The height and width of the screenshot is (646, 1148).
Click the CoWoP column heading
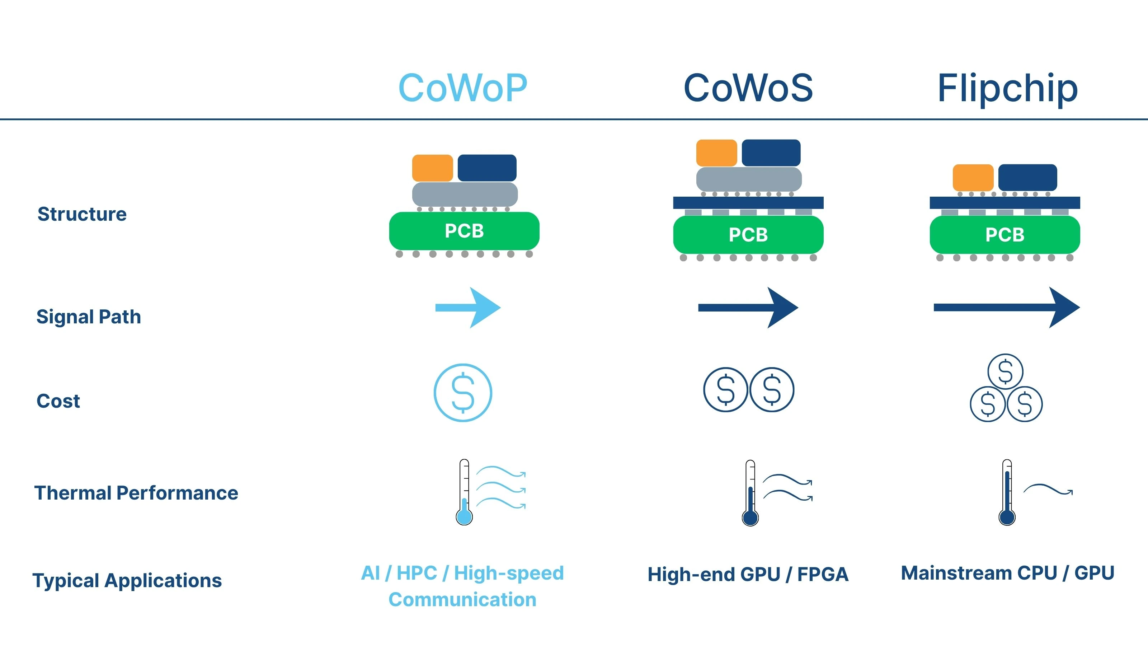click(x=462, y=88)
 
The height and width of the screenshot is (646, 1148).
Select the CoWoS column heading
click(x=748, y=88)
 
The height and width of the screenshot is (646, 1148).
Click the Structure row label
click(x=82, y=214)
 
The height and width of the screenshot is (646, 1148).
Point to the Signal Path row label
click(x=89, y=317)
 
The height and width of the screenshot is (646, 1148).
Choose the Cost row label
click(x=58, y=401)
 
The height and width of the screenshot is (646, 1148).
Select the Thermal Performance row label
click(x=136, y=493)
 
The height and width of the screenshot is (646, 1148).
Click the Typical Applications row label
click(x=127, y=580)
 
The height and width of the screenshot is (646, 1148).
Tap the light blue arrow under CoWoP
click(x=468, y=308)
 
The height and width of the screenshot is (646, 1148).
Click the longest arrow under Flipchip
click(x=1006, y=308)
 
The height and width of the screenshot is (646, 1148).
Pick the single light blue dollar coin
click(x=462, y=392)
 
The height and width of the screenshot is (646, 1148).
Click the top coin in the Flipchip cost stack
click(x=1005, y=371)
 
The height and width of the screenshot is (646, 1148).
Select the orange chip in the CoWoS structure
click(x=716, y=153)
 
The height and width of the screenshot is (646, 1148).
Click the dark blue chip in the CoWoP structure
click(x=487, y=168)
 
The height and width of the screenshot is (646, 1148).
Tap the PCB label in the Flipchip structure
click(x=1004, y=234)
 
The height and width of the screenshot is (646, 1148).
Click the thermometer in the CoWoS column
click(x=750, y=493)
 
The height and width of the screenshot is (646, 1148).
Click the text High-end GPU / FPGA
click(x=748, y=574)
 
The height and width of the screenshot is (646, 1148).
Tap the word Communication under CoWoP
click(x=462, y=599)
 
